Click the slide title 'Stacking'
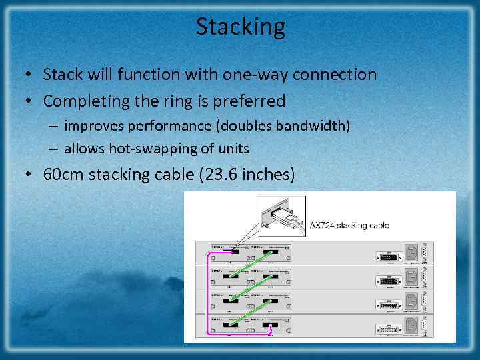tap(240, 27)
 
